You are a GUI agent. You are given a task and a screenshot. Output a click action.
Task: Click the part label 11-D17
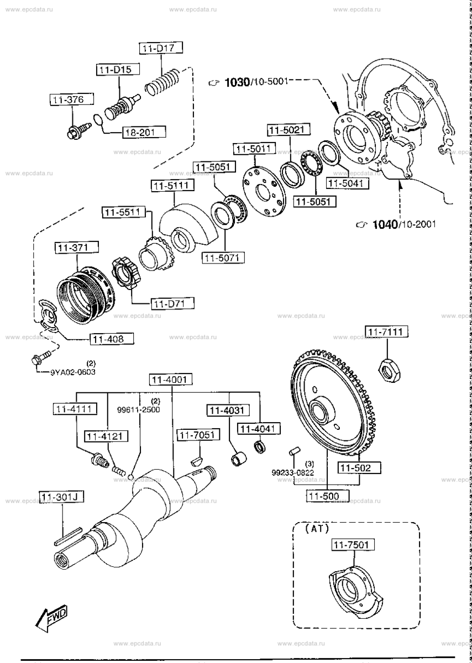pos(158,48)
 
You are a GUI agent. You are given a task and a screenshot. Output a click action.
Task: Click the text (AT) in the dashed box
pos(317,528)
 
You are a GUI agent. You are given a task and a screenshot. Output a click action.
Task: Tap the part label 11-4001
pos(171,380)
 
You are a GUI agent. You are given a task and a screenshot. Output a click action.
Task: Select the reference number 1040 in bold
pos(385,224)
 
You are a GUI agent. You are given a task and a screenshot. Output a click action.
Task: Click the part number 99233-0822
pos(292,472)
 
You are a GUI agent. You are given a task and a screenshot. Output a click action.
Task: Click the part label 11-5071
pos(223,257)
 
